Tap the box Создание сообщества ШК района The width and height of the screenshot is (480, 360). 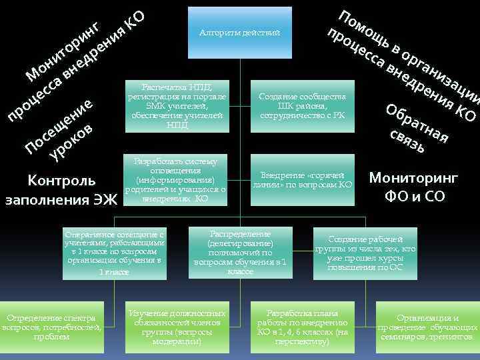[302, 106]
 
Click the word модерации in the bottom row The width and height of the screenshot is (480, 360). [177, 341]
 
